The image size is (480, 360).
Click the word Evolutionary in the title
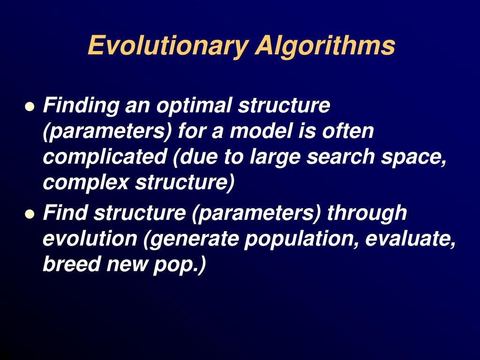167,46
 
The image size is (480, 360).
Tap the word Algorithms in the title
325,46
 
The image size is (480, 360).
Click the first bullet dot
30,107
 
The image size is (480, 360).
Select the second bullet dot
30,215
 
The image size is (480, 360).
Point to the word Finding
80,105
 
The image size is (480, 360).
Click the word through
367,213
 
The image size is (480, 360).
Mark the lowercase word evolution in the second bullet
90,239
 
